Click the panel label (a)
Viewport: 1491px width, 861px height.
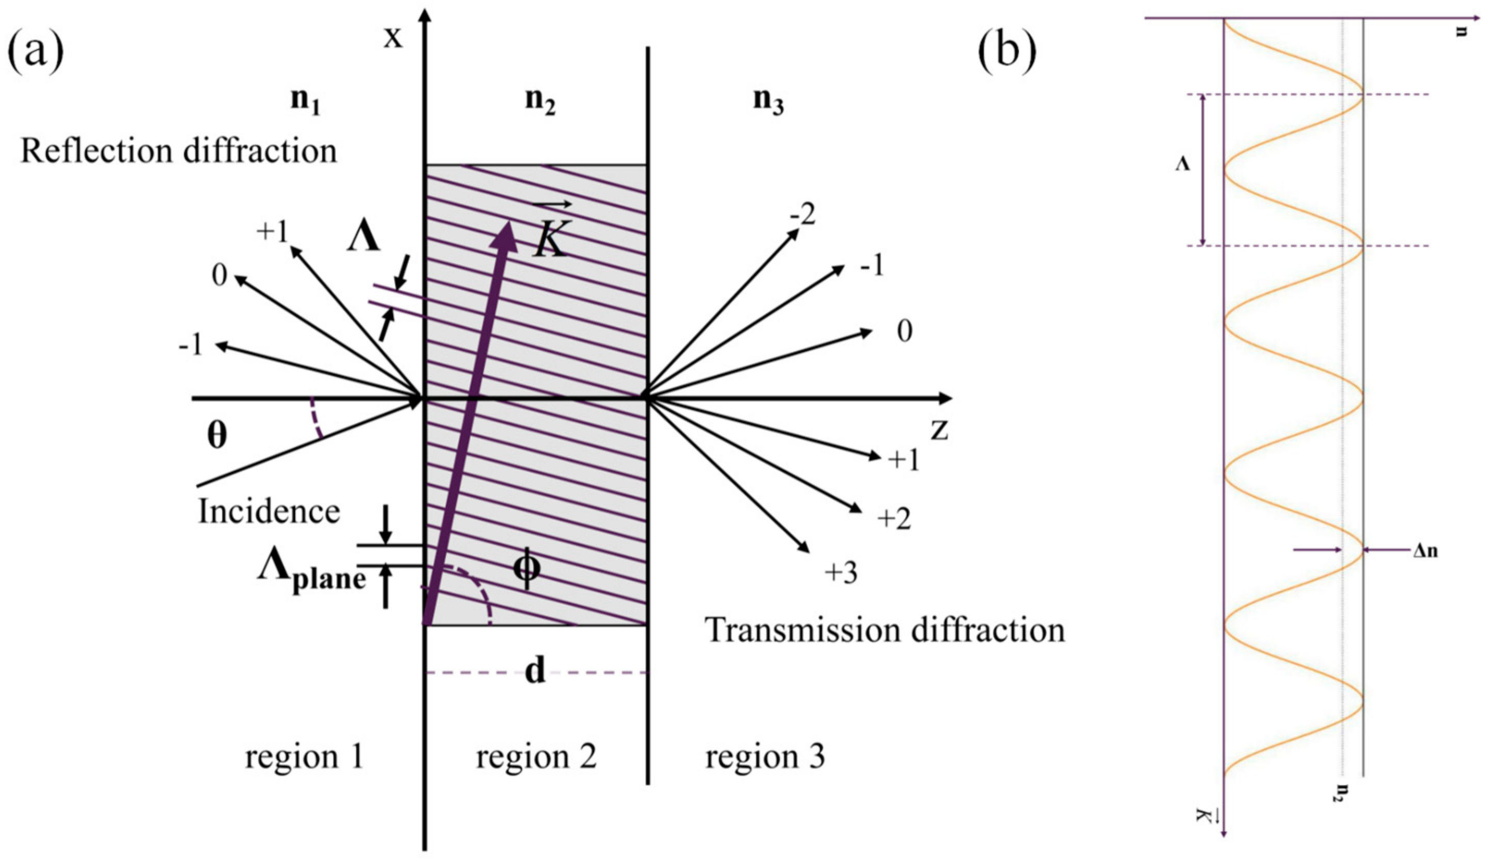click(36, 52)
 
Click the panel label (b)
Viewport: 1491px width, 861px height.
click(1007, 52)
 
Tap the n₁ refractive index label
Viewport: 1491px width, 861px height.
click(306, 101)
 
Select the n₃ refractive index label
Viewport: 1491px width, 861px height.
click(768, 101)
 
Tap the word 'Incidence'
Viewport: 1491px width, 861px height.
click(269, 511)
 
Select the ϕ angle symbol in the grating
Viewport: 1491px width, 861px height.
click(526, 569)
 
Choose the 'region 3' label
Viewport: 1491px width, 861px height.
click(765, 756)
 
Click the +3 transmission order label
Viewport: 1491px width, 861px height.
click(841, 572)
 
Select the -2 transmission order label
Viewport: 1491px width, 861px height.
click(802, 216)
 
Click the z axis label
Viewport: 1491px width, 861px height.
click(939, 430)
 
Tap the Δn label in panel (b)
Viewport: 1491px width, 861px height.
click(1425, 551)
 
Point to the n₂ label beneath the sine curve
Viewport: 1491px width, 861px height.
click(1345, 792)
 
